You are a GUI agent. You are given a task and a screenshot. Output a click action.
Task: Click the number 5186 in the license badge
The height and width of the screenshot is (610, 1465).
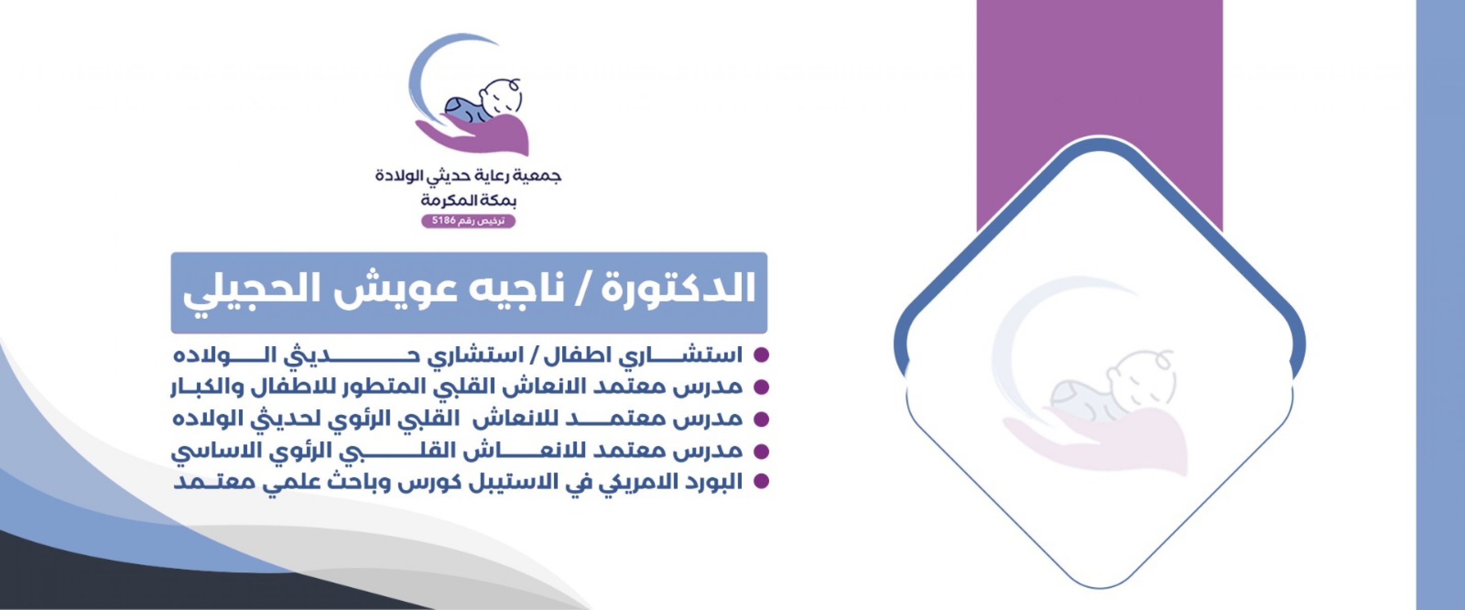click(x=444, y=221)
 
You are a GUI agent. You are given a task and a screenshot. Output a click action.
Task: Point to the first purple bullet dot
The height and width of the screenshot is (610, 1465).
click(x=761, y=355)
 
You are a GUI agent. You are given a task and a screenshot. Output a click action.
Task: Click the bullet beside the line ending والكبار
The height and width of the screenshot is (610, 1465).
click(x=761, y=387)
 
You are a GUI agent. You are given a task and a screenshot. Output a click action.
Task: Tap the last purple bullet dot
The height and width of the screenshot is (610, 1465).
click(x=761, y=481)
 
